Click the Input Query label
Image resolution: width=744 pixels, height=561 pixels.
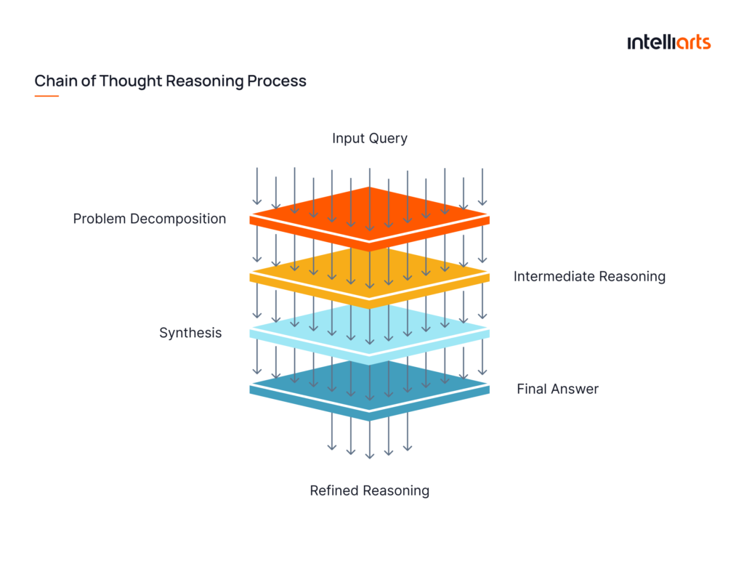(x=370, y=138)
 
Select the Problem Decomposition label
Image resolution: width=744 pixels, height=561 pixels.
(x=150, y=219)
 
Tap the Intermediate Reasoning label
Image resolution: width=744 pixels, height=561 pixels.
(x=589, y=276)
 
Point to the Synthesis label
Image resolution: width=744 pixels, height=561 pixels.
(x=190, y=333)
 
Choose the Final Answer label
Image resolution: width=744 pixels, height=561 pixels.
(x=557, y=389)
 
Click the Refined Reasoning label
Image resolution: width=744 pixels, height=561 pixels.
(x=369, y=491)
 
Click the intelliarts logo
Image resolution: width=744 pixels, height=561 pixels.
(x=668, y=42)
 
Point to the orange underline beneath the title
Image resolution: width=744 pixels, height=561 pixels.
(x=46, y=96)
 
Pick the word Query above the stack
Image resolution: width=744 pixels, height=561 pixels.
(x=389, y=138)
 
